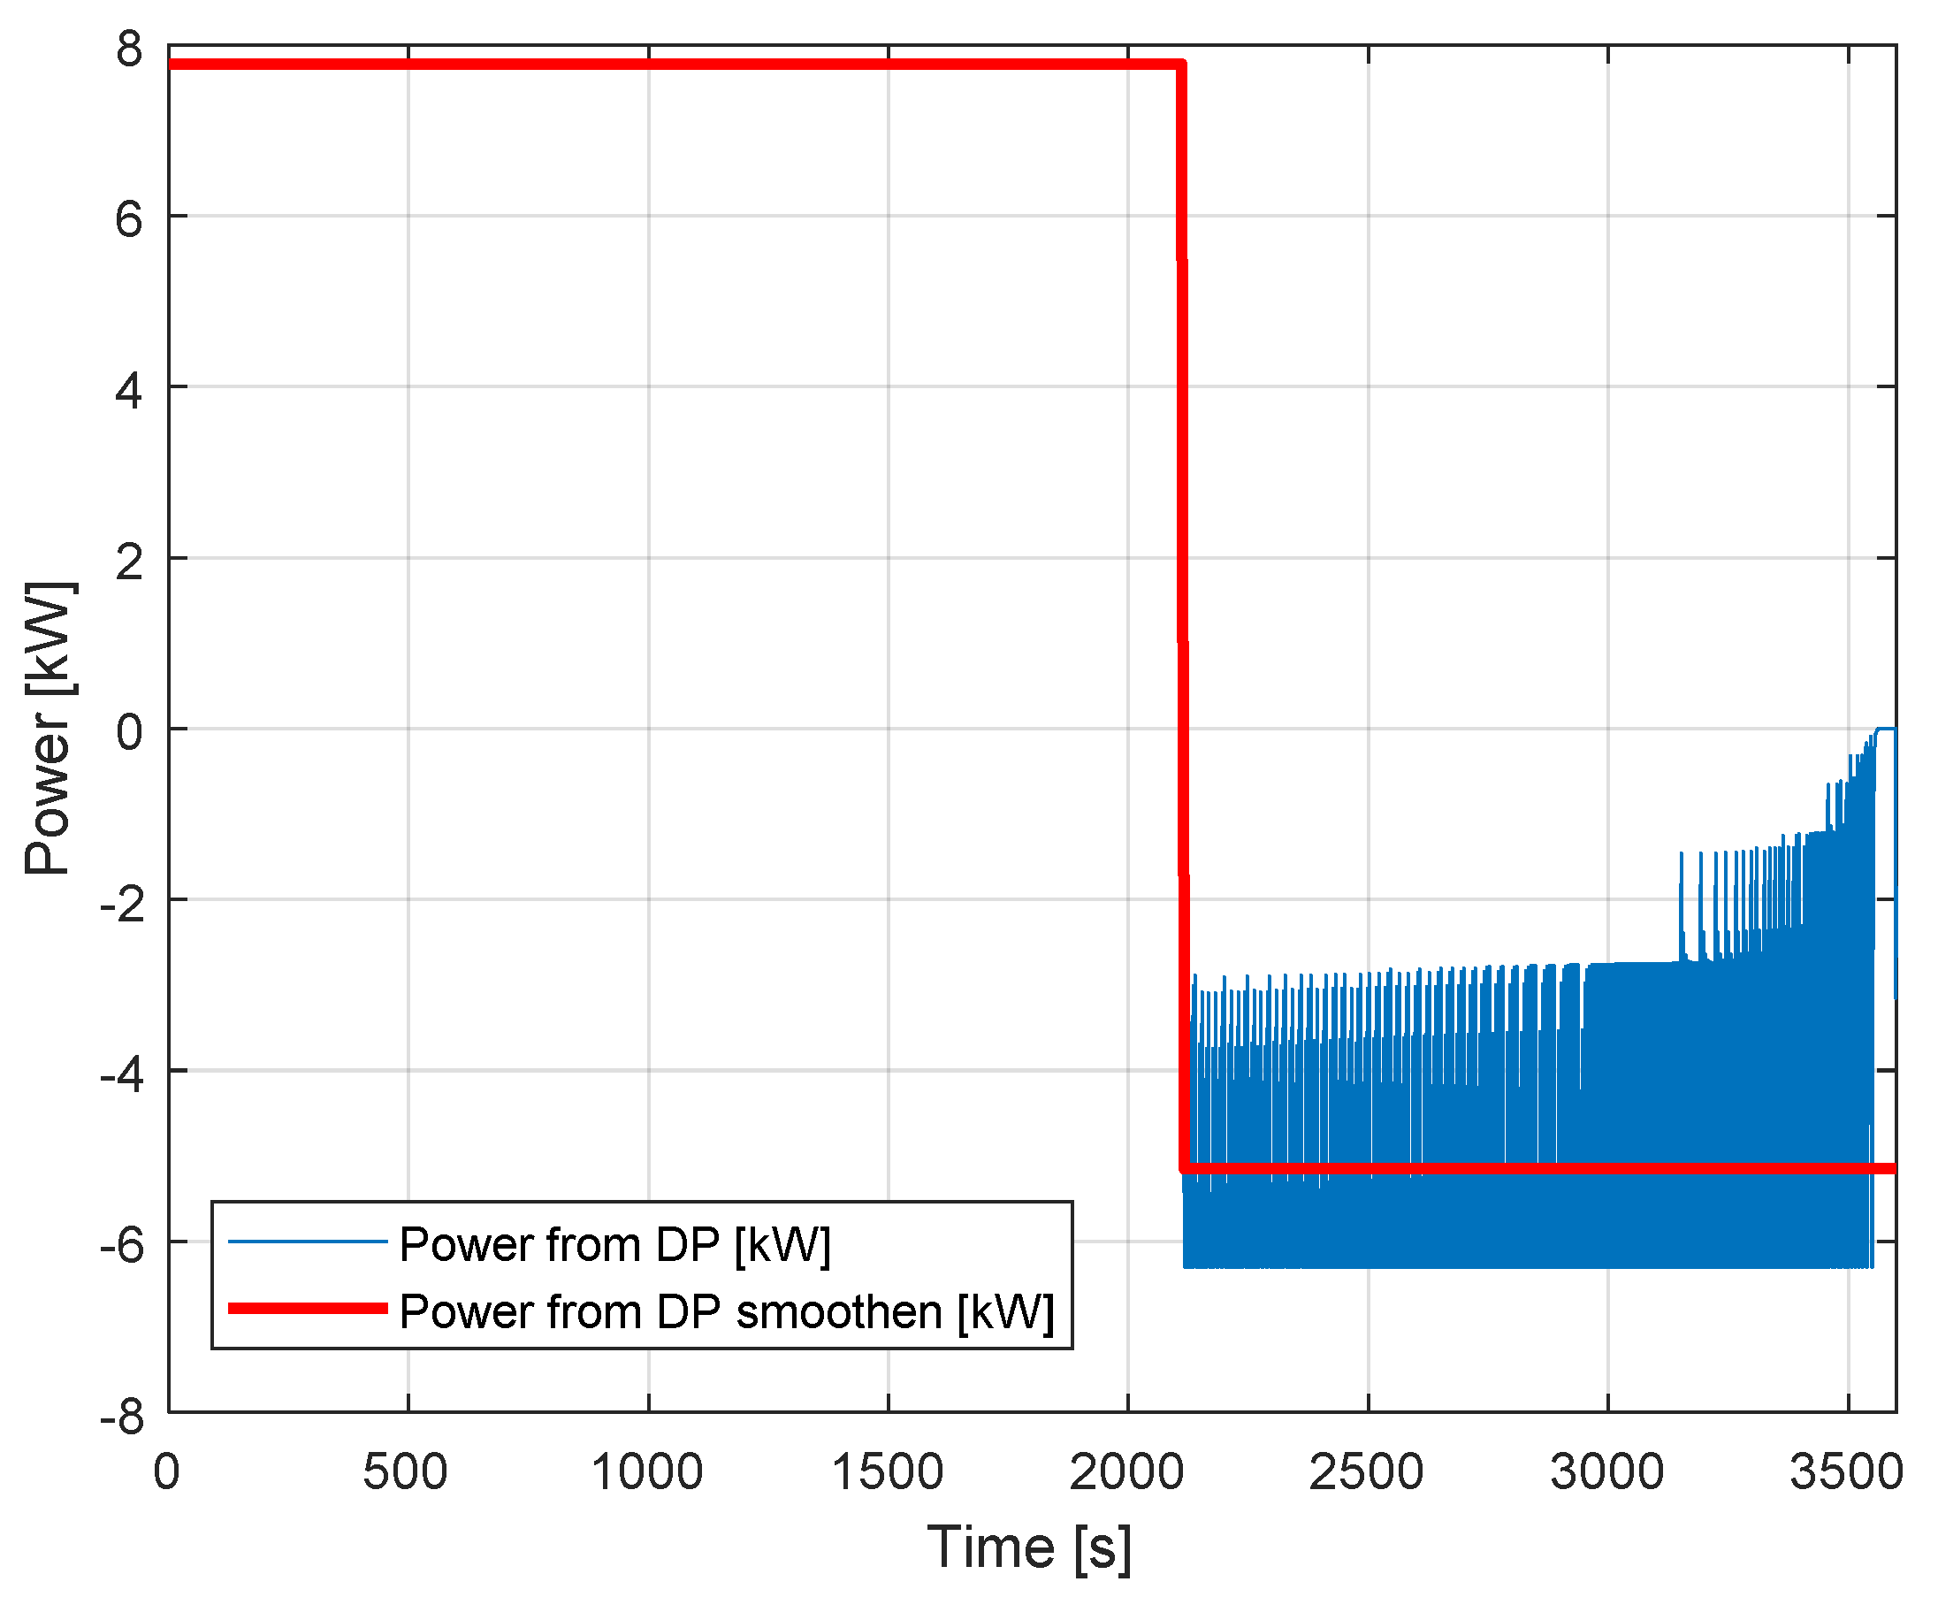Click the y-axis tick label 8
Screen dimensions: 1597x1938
click(130, 49)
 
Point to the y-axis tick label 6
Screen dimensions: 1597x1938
click(130, 220)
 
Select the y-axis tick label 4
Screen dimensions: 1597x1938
click(130, 391)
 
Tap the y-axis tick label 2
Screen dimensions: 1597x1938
click(130, 562)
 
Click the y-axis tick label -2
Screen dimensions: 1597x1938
click(122, 905)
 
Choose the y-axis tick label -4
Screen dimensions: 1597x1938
click(122, 1075)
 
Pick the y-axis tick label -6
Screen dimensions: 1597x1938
click(122, 1246)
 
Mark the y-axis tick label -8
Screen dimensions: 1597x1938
click(122, 1417)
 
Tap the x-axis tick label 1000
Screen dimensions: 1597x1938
click(646, 1472)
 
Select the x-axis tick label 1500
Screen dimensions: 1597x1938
click(888, 1472)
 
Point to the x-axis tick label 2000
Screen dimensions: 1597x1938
click(1126, 1472)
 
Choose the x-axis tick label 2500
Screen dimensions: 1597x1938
click(1367, 1472)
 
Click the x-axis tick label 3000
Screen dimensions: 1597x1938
click(1606, 1472)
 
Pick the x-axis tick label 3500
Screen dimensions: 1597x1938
click(1846, 1472)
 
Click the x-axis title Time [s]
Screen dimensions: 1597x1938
click(1029, 1547)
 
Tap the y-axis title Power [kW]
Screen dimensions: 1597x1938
click(48, 728)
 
